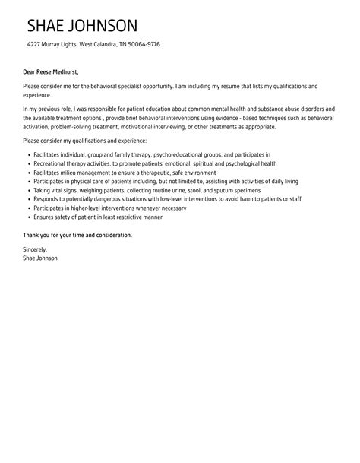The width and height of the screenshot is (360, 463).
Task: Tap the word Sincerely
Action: coord(35,249)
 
